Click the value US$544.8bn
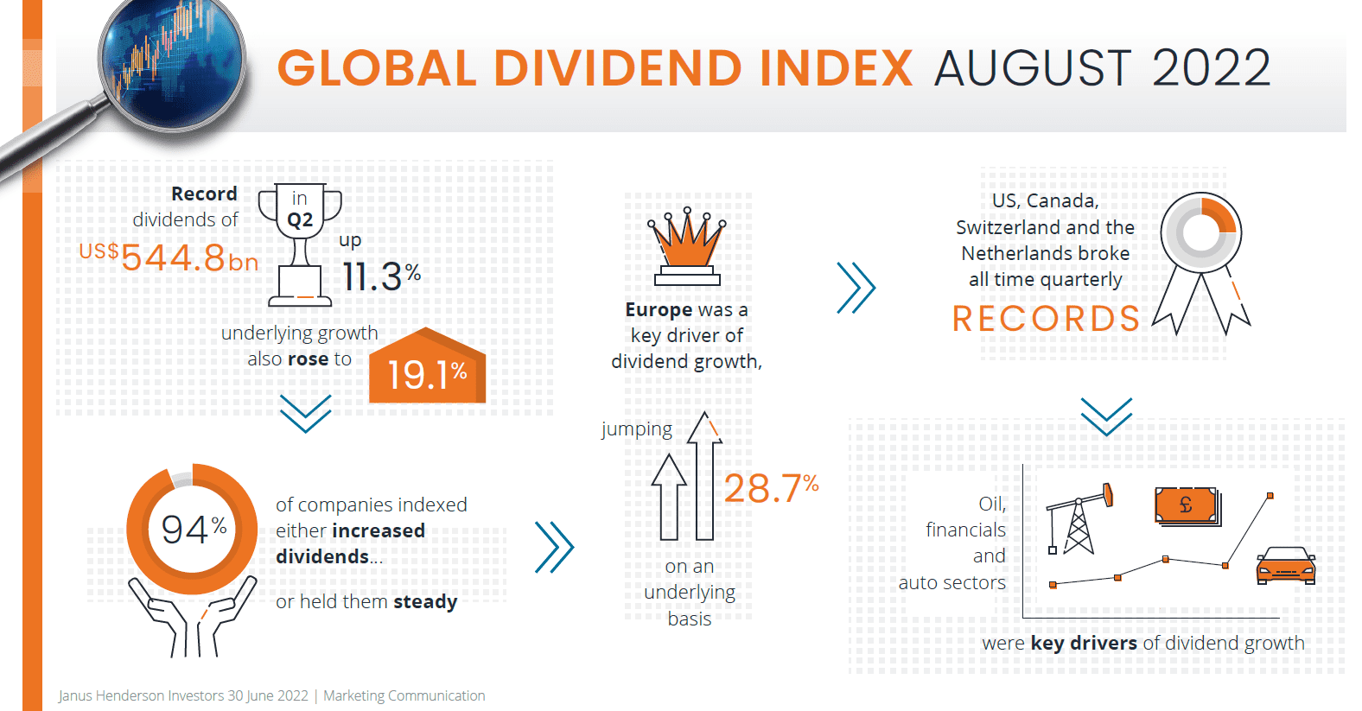point(169,257)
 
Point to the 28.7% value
point(770,488)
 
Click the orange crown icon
point(687,246)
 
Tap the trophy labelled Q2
point(300,244)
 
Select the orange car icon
point(1286,567)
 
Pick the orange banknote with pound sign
point(1187,506)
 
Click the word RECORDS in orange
point(1046,319)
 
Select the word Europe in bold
point(659,309)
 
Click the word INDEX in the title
point(835,68)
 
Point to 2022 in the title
point(1211,68)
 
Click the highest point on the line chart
point(1270,496)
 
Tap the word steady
point(425,601)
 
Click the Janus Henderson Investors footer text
point(183,695)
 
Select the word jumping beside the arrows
point(637,429)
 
